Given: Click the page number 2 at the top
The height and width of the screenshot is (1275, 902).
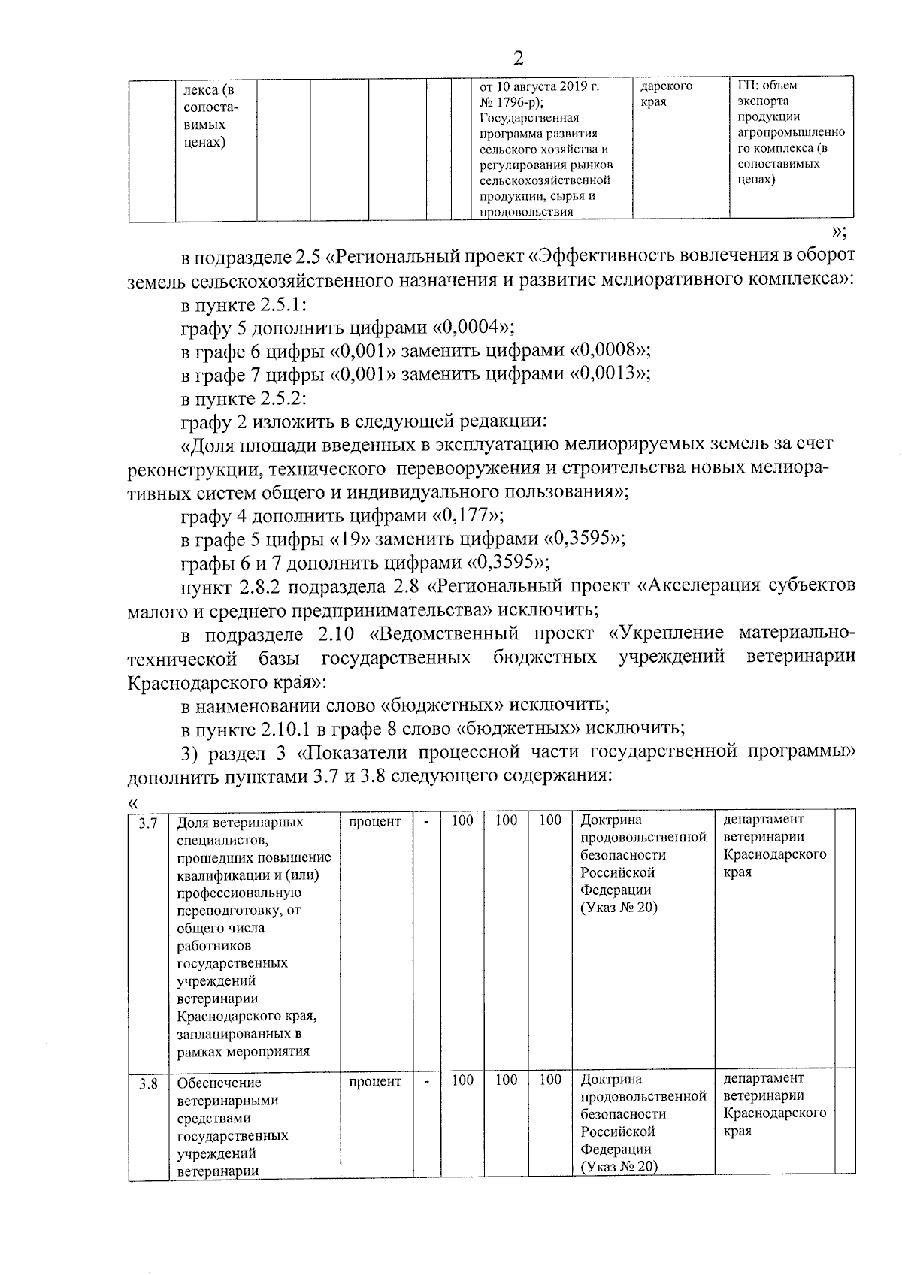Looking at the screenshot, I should (x=517, y=59).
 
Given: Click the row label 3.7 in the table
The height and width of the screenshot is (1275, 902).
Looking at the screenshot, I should (x=148, y=823).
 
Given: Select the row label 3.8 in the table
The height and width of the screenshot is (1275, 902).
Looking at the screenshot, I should (x=148, y=1084).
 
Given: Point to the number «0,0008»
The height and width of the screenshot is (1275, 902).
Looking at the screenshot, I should (x=609, y=350).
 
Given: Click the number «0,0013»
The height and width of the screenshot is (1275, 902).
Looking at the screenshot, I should (x=609, y=373).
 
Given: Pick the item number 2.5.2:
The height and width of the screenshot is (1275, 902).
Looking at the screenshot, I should (x=282, y=397).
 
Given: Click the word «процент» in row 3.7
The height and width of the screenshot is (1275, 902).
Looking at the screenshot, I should (x=375, y=822).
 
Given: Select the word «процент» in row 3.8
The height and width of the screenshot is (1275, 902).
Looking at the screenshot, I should (x=375, y=1081).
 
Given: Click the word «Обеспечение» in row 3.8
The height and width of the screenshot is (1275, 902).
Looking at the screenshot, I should (x=219, y=1083).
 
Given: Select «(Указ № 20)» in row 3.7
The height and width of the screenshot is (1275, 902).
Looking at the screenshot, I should (x=619, y=908).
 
